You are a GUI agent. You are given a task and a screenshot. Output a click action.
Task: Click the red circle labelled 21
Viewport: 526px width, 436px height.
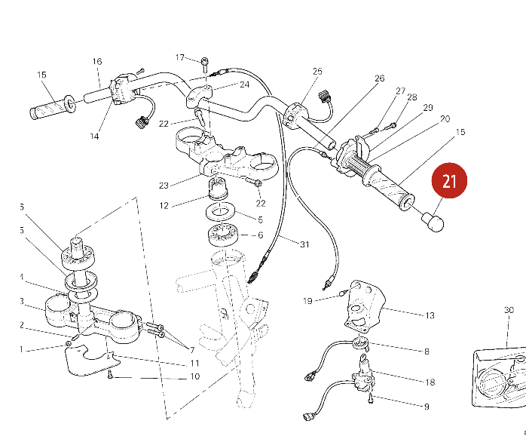(449, 181)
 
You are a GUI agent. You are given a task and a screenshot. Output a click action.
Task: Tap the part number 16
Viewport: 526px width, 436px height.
(97, 62)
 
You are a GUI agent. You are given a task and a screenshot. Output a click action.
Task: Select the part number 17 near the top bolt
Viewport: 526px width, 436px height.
(180, 57)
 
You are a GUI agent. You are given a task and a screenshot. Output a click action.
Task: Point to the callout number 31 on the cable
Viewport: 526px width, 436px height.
(304, 244)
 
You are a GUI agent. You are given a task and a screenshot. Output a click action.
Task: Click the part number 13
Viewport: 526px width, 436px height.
(430, 315)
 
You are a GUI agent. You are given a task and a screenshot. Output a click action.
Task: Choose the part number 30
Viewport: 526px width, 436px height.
(509, 310)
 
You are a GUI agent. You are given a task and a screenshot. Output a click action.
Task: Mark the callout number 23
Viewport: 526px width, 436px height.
(164, 185)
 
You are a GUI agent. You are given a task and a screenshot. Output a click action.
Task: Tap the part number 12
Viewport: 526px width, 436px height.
(164, 204)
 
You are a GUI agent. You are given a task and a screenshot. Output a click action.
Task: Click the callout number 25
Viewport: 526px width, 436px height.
(317, 72)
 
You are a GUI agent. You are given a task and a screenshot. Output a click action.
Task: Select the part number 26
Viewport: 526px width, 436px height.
(379, 78)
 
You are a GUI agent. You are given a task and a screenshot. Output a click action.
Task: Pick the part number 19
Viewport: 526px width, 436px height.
(307, 301)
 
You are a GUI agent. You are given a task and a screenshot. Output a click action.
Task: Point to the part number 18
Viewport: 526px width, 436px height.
(430, 382)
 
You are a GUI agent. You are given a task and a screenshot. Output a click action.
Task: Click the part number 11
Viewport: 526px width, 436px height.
(194, 364)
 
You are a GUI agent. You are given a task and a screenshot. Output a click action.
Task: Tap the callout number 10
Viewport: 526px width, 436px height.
(194, 376)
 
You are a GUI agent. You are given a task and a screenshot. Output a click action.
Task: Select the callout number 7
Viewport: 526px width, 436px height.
(192, 350)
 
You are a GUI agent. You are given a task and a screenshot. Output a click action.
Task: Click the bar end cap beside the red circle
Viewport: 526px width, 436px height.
(433, 222)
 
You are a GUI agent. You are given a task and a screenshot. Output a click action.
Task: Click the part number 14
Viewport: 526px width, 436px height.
(94, 137)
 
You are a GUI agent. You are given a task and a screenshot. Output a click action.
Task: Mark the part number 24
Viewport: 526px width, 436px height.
(244, 84)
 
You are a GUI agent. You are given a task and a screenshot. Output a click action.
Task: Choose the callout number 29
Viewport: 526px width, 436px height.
(427, 108)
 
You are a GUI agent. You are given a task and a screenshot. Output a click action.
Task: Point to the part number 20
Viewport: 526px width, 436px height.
(445, 118)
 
